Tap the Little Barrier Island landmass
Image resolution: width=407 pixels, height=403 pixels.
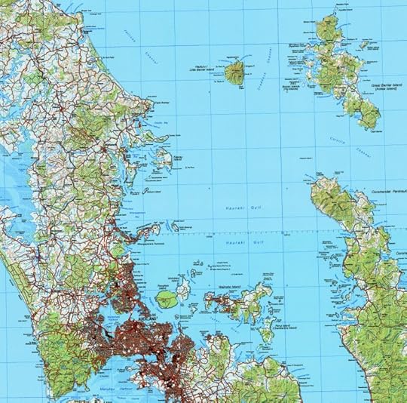coord(234,73)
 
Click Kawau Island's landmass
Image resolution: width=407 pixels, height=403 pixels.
coord(161,157)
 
